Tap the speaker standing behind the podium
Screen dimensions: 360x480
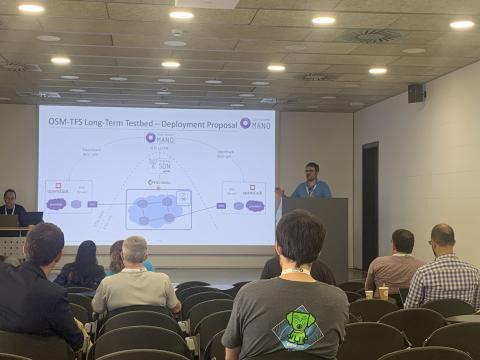coord(312,181)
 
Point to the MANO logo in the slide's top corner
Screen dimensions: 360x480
coord(258,123)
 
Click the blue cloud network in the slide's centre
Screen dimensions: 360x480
coord(157,210)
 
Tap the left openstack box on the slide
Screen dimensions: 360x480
coord(68,196)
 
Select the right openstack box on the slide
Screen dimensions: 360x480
coord(243,197)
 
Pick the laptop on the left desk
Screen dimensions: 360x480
coord(33,218)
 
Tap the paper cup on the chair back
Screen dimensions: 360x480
coord(383,292)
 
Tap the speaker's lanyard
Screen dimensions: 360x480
coord(313,188)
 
